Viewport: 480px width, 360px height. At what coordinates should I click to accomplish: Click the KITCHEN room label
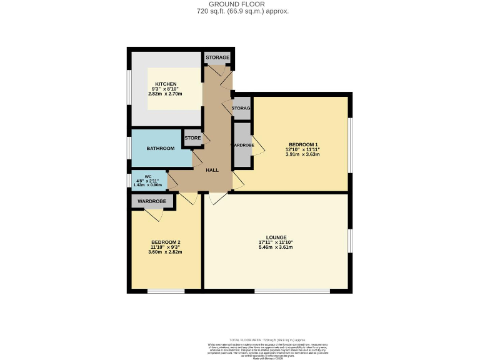[166, 84]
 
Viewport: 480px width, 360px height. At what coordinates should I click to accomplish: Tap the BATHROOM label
[161, 149]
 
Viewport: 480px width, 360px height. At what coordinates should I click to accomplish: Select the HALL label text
[212, 170]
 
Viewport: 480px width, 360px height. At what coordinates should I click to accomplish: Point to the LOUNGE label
[276, 237]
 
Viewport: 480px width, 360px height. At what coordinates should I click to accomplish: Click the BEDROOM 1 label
[303, 144]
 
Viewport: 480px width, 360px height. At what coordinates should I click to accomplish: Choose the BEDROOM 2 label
[166, 242]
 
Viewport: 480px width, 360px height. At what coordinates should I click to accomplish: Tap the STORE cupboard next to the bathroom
[192, 138]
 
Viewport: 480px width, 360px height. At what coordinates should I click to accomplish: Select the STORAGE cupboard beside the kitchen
[217, 57]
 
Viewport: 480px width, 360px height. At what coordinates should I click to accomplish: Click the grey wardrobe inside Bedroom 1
[242, 145]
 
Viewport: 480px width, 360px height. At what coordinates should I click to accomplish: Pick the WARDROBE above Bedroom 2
[152, 201]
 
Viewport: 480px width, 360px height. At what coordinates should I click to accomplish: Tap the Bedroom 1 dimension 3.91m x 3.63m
[303, 154]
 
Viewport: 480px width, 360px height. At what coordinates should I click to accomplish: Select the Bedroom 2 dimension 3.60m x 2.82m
[166, 252]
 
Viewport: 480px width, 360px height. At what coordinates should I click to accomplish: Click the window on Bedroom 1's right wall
[351, 144]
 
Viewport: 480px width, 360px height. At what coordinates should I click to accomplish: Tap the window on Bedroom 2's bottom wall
[166, 291]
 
